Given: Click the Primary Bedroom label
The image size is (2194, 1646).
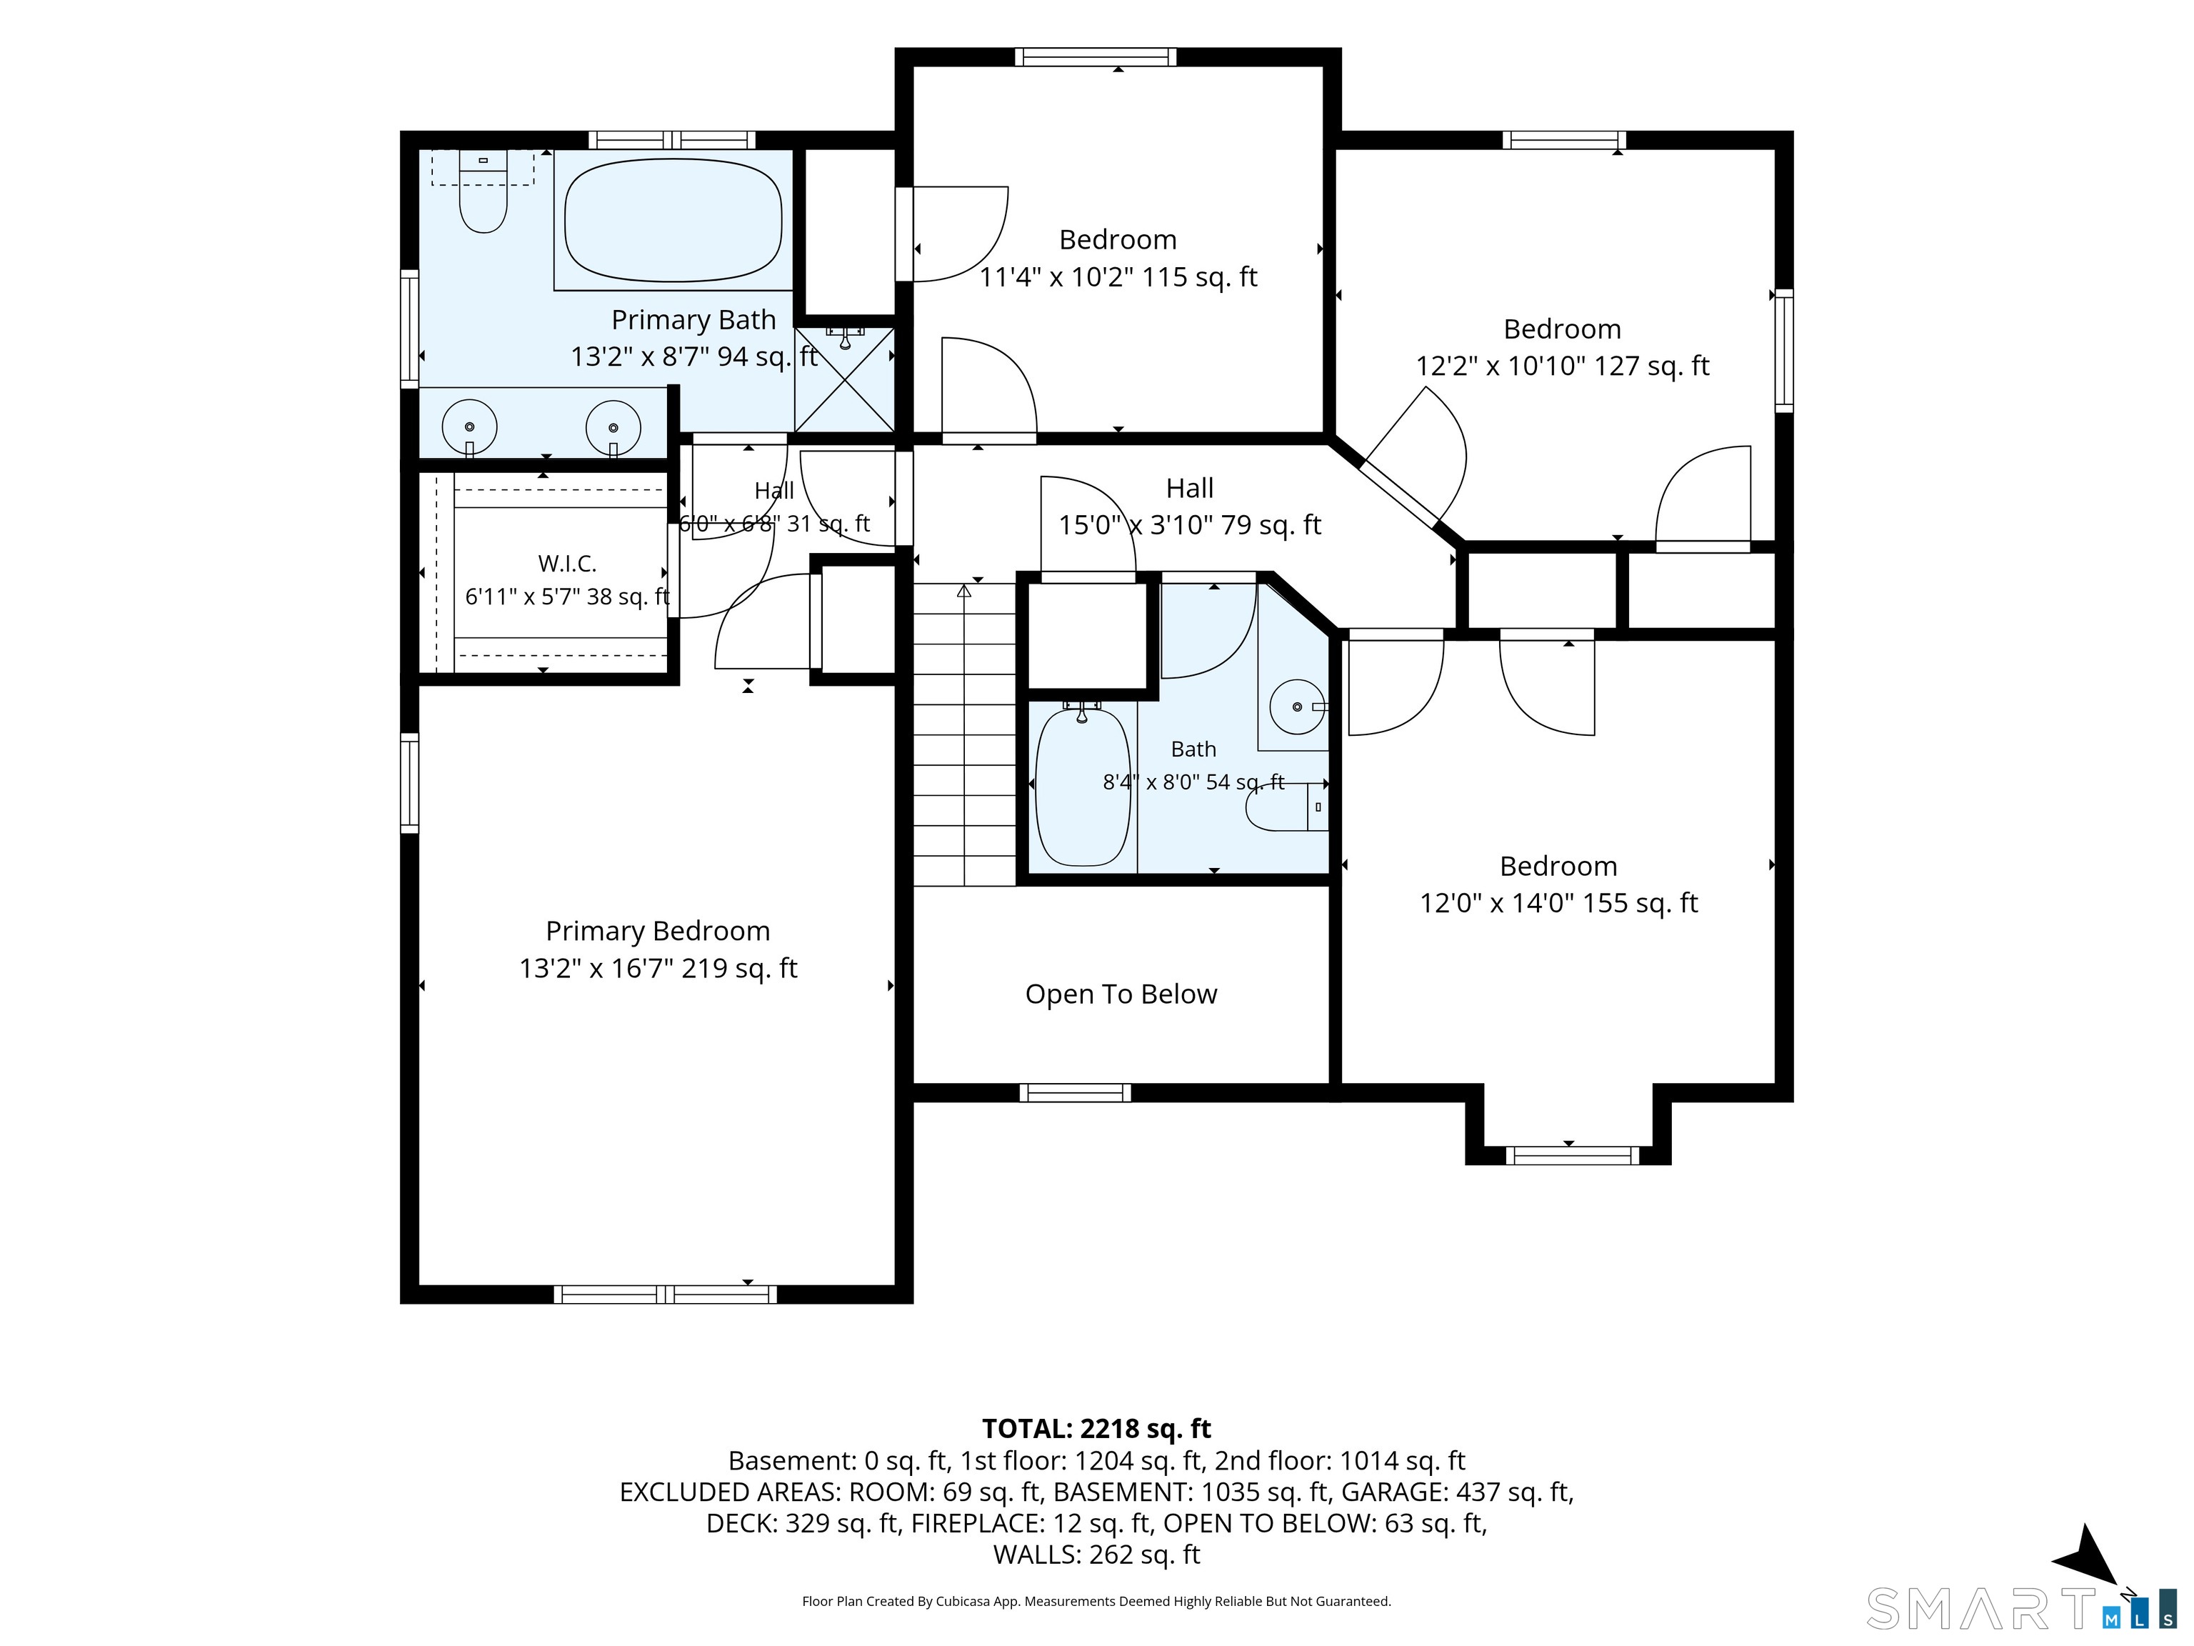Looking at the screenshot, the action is pyautogui.click(x=658, y=931).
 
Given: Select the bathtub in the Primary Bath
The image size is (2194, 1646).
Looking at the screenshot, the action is pyautogui.click(x=673, y=220).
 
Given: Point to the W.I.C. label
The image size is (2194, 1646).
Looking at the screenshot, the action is pyautogui.click(x=567, y=564).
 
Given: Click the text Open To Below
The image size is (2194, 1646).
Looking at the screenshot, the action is pyautogui.click(x=1121, y=994).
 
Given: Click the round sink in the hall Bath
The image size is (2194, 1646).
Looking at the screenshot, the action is pyautogui.click(x=1298, y=707).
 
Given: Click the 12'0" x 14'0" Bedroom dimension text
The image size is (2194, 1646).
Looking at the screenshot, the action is pyautogui.click(x=1559, y=903).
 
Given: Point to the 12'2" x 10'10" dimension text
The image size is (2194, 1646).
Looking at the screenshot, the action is pyautogui.click(x=1562, y=366).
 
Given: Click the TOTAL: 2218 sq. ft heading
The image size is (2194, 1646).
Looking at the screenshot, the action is pyautogui.click(x=1096, y=1429).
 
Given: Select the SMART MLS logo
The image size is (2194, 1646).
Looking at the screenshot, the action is pyautogui.click(x=2021, y=1608).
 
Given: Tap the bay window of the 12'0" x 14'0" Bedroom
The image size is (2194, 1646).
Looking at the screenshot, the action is pyautogui.click(x=1569, y=1155).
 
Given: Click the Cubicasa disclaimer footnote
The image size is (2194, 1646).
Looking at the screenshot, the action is pyautogui.click(x=1096, y=1602).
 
